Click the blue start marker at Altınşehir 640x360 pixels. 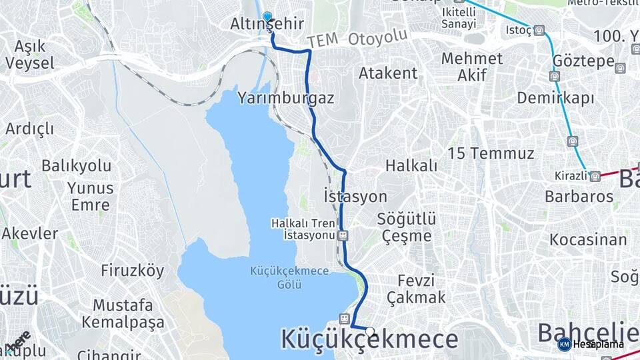[267, 17]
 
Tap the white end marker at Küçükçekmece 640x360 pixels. [369, 331]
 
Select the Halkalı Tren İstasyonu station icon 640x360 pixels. [343, 235]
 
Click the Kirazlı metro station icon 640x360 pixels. [595, 176]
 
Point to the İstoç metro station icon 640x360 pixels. [539, 30]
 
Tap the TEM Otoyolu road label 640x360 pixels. [357, 39]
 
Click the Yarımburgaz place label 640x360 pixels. [285, 99]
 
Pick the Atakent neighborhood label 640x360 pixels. [388, 73]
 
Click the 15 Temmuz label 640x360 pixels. [491, 153]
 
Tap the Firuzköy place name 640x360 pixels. [132, 270]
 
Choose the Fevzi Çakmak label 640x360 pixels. [416, 289]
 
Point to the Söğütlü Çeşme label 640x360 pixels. [406, 227]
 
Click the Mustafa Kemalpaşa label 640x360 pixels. [123, 314]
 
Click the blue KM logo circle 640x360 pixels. [564, 344]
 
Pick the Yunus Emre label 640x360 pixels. [90, 195]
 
